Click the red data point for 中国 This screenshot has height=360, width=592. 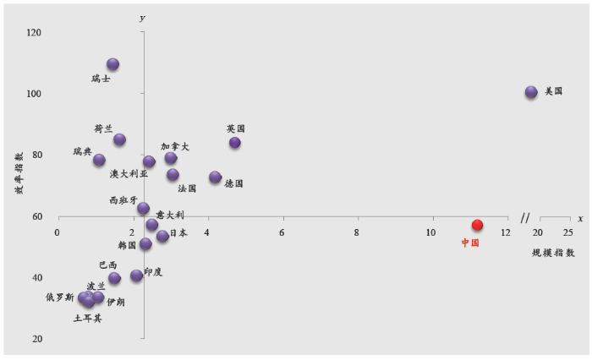click(x=477, y=225)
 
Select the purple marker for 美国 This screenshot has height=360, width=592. click(x=531, y=92)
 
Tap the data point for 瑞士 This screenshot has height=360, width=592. click(x=112, y=64)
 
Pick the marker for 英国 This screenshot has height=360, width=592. click(x=234, y=143)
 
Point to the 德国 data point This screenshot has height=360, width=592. click(x=215, y=177)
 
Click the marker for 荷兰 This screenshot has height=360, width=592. click(x=119, y=139)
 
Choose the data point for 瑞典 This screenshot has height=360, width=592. click(x=99, y=160)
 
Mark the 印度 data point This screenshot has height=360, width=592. click(x=136, y=275)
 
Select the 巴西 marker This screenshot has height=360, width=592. click(x=114, y=278)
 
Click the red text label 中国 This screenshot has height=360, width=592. click(x=470, y=243)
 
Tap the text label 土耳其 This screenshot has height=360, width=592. click(x=87, y=319)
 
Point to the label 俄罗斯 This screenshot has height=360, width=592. click(x=59, y=297)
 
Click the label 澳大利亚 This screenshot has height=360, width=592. click(x=129, y=174)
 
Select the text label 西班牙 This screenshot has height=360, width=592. click(x=123, y=200)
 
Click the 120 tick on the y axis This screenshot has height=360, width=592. click(x=35, y=32)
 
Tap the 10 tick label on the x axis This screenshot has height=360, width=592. click(x=431, y=232)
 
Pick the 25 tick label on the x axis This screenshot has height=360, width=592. click(x=567, y=232)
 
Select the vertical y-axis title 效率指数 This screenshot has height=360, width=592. click(x=18, y=172)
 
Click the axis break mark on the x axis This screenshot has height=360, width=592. click(x=525, y=217)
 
